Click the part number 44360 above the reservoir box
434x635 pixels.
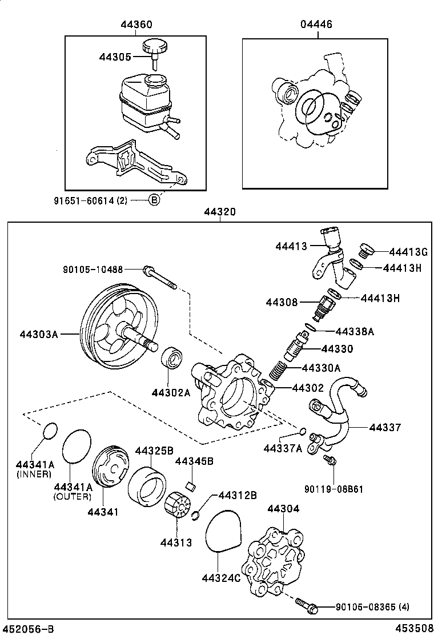136,25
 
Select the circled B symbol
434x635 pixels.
154,200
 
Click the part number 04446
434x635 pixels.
316,25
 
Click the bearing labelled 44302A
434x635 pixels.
171,358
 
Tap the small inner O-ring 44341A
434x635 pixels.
50,431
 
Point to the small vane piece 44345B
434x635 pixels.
192,486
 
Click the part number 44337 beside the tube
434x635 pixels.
385,427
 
